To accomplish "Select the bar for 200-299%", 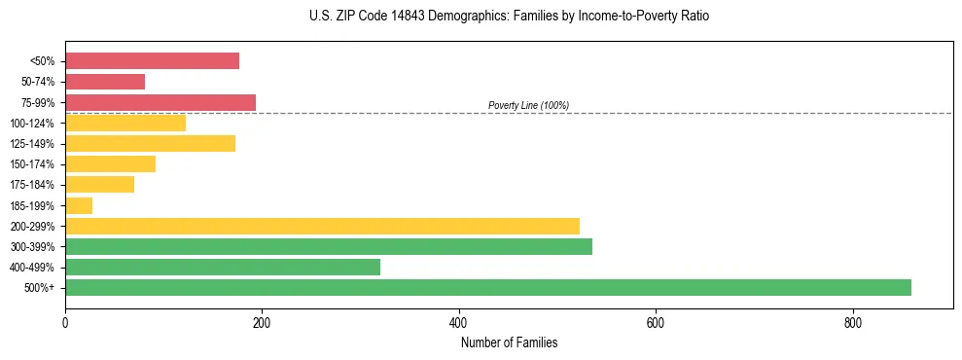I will point(322,226).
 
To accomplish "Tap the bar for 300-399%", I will point(329,246).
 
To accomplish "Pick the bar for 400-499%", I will point(223,267).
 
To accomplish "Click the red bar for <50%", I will point(152,61).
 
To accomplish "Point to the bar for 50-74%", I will point(105,82).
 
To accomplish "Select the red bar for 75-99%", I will point(160,102).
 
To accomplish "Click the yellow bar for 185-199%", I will point(79,205).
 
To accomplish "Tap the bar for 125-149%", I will point(150,144).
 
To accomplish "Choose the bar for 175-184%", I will point(99,185).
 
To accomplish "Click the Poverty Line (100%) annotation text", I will point(528,105).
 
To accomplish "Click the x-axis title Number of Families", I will point(509,342).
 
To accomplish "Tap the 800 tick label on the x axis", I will point(852,322).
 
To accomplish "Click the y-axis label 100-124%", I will point(32,124).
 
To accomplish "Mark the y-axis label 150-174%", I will point(32,164).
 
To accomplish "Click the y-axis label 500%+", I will point(39,288).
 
